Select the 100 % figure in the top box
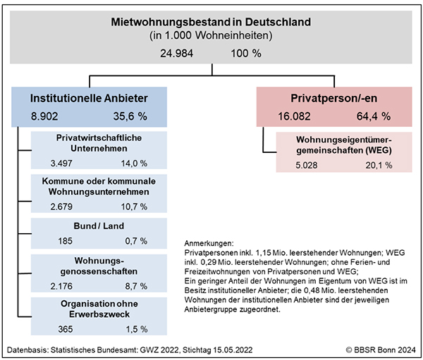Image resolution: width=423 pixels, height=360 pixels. pos(245,52)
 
